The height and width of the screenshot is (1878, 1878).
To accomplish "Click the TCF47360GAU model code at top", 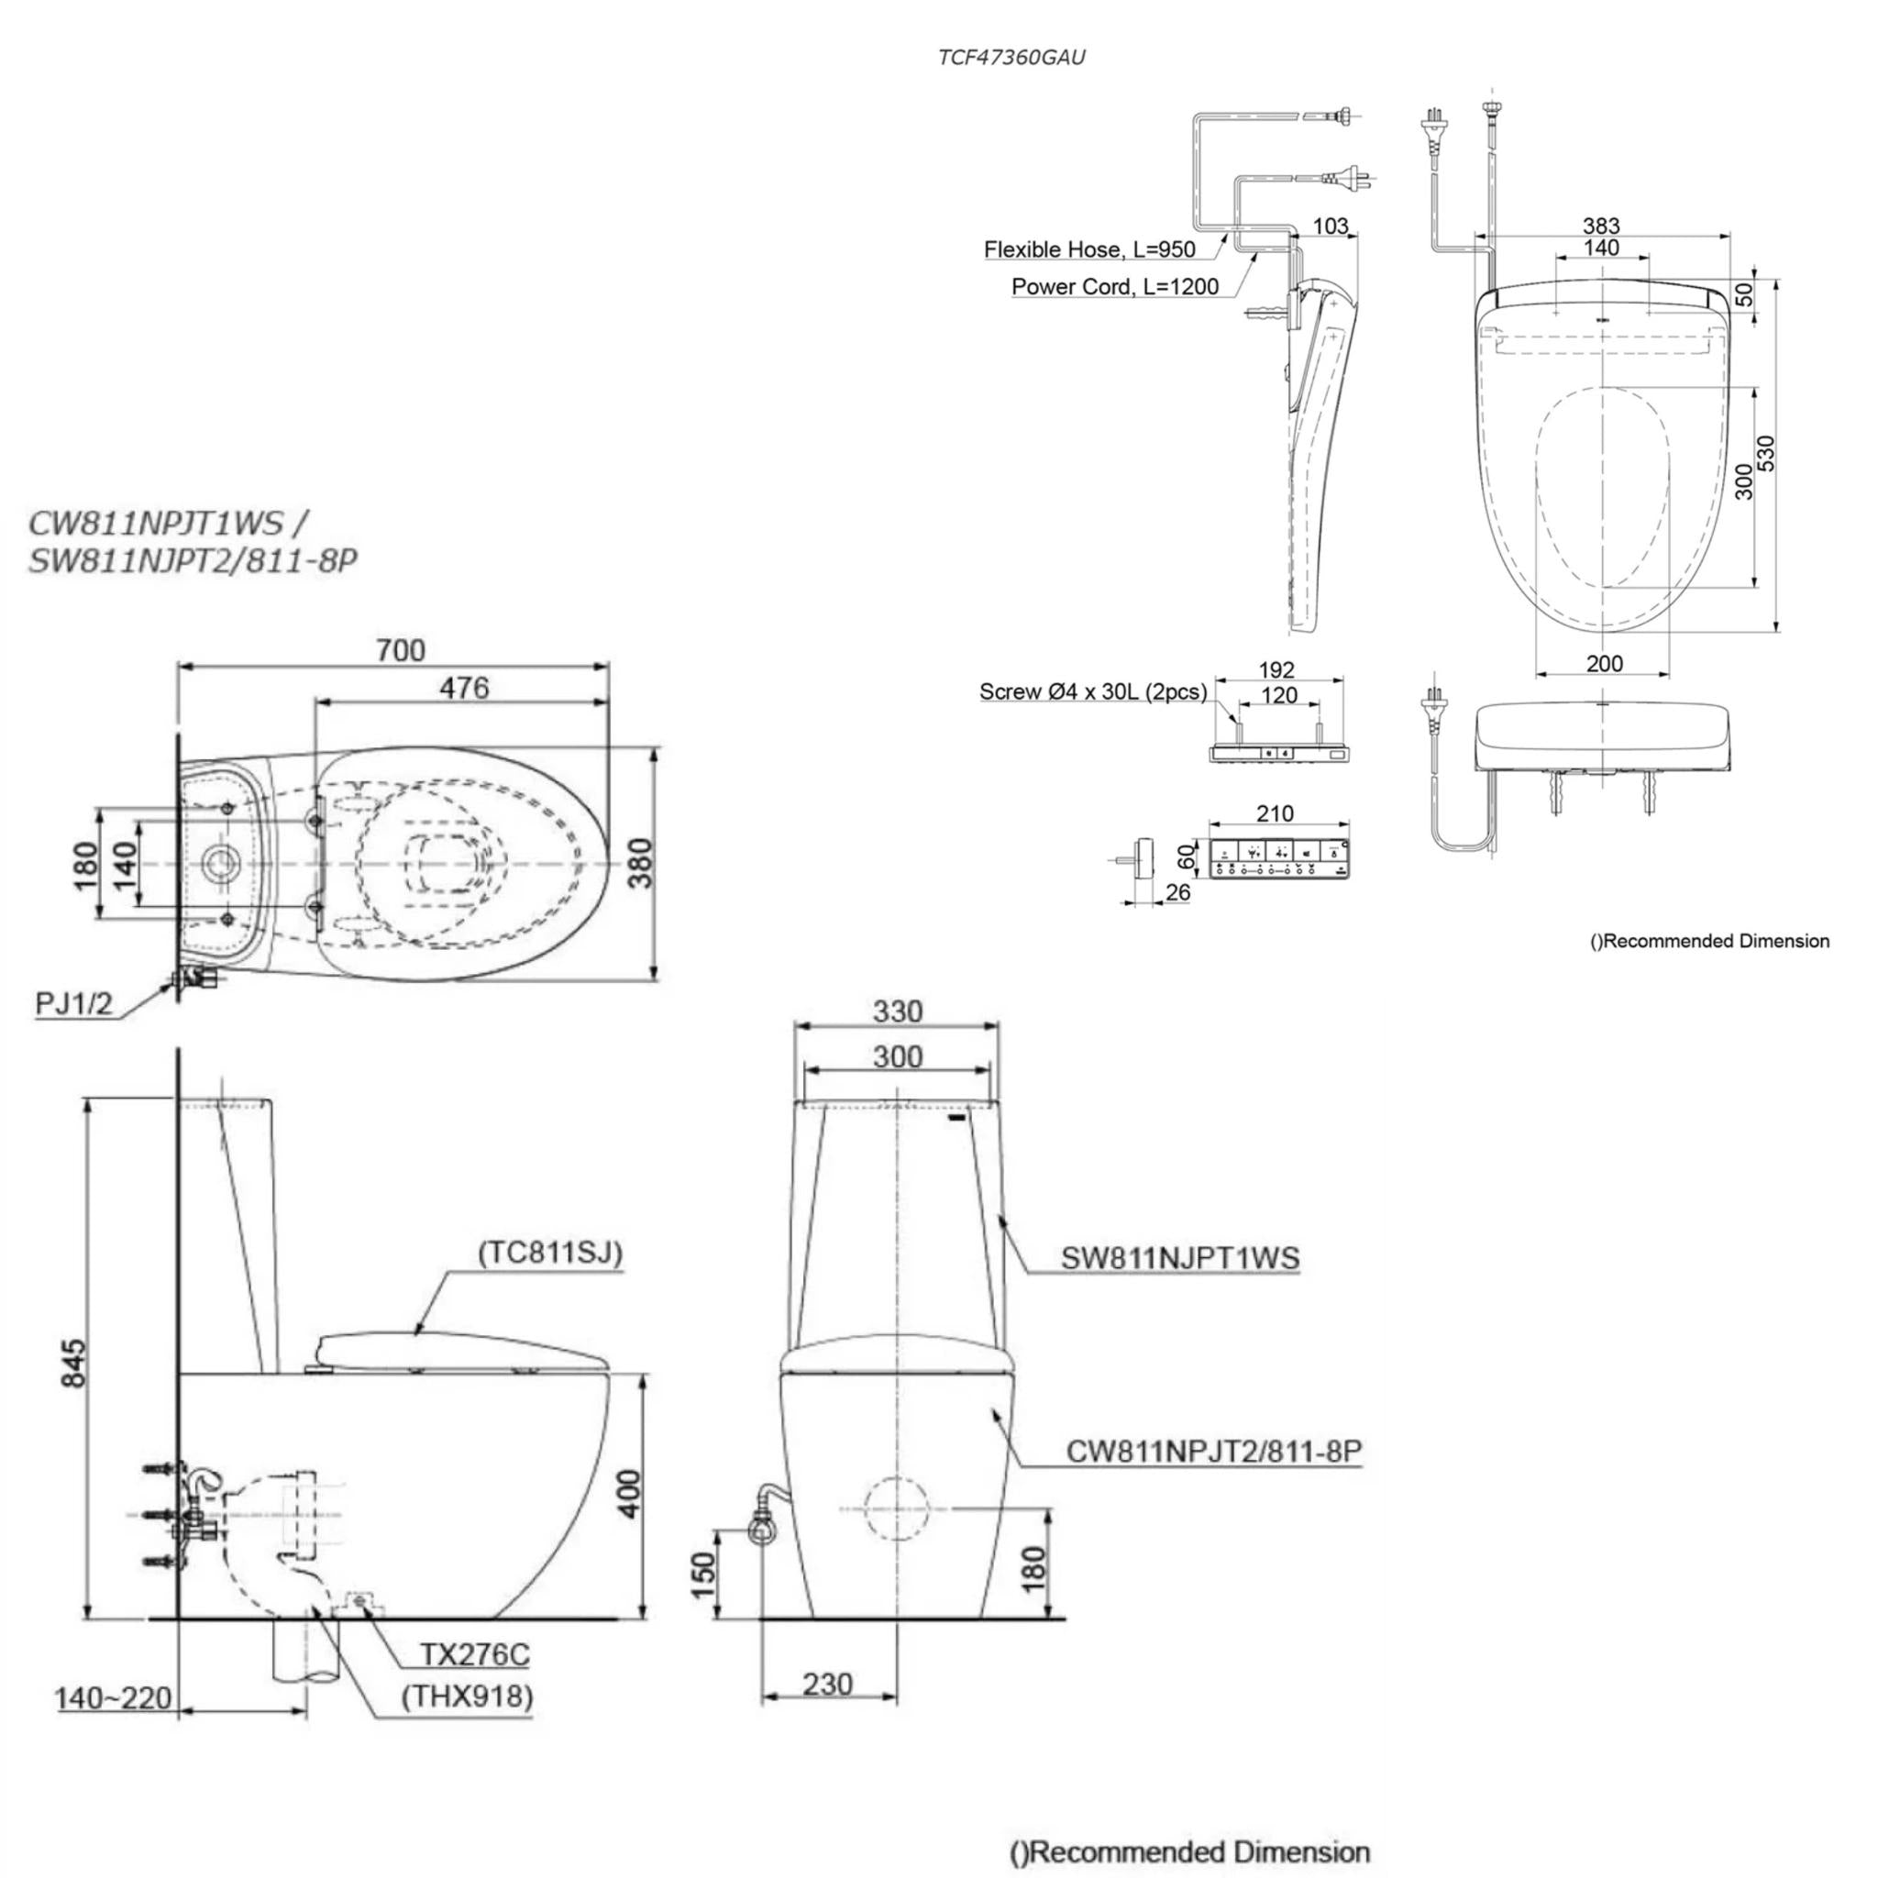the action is tap(1011, 58).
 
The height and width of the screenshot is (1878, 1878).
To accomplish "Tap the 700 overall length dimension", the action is tap(401, 649).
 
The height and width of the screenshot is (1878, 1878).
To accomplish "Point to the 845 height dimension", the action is tap(74, 1363).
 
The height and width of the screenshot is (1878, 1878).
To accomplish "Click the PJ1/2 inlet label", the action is tap(74, 1003).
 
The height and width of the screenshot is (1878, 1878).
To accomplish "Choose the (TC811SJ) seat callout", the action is tap(549, 1252).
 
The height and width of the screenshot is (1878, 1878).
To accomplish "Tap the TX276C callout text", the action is tap(474, 1654).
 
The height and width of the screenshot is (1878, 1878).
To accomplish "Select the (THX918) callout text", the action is tap(468, 1696).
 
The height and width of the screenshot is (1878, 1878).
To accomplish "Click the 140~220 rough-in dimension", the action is tap(113, 1698).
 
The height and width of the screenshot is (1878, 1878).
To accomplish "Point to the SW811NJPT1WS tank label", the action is tap(1180, 1258).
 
